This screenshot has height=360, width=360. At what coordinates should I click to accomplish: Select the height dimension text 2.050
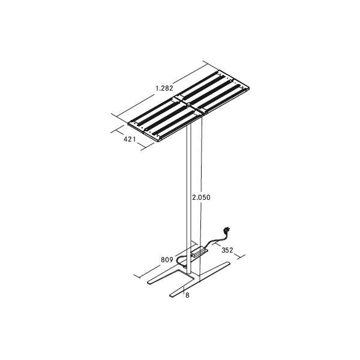click(x=200, y=197)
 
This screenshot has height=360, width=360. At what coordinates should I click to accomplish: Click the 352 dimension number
click(x=227, y=250)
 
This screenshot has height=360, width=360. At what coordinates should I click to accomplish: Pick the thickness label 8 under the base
click(x=187, y=295)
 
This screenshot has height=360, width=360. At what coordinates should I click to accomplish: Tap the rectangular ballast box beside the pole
click(x=199, y=250)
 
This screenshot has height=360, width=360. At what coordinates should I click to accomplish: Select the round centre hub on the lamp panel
click(x=188, y=103)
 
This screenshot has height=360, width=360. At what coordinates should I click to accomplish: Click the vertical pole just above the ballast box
click(x=192, y=237)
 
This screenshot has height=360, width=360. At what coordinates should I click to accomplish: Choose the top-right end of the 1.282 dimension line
click(x=204, y=62)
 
